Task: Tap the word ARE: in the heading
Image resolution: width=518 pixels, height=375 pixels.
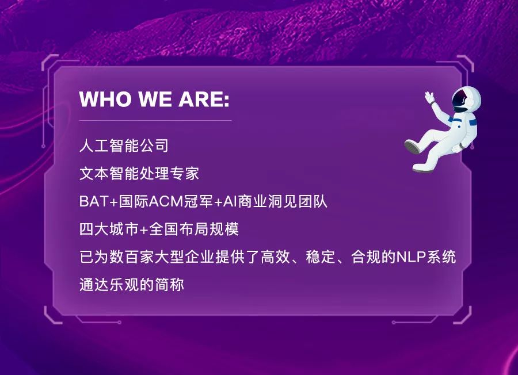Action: (x=204, y=99)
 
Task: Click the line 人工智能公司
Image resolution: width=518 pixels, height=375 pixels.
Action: (x=124, y=146)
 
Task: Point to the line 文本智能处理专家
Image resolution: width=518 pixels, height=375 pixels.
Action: (x=139, y=173)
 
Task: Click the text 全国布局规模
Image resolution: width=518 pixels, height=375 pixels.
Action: (x=194, y=229)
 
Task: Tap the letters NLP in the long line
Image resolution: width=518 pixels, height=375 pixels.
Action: (x=410, y=257)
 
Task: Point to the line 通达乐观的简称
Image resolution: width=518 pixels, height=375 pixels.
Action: (x=131, y=285)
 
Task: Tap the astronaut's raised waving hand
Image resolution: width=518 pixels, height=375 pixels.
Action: (x=429, y=97)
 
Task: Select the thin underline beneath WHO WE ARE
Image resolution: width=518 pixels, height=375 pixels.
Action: (x=155, y=120)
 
